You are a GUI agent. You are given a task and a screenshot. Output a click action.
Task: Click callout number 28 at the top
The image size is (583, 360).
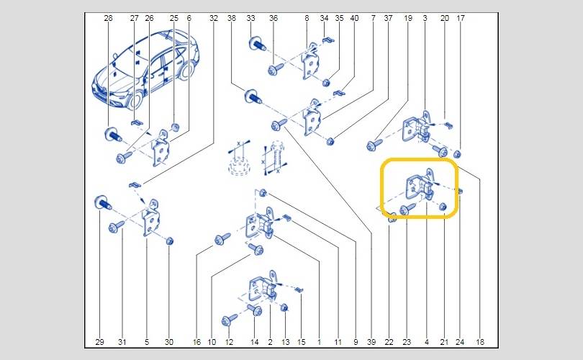click(x=108, y=18)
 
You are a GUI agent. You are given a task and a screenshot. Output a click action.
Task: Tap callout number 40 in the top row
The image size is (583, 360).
click(x=354, y=18)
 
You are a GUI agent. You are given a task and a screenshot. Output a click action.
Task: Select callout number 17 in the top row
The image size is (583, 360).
click(x=461, y=18)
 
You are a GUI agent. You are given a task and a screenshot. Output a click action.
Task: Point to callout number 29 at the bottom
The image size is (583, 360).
click(x=99, y=342)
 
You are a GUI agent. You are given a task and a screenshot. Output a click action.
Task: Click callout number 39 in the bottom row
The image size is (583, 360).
click(x=371, y=342)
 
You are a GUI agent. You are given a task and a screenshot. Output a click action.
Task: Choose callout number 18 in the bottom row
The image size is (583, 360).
click(x=480, y=342)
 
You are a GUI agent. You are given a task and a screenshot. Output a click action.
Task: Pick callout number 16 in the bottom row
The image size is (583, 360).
click(x=196, y=342)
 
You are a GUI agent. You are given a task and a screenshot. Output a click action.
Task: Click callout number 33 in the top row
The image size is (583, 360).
click(x=251, y=18)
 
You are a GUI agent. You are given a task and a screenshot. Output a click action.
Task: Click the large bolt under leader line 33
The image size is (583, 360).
click(x=256, y=44)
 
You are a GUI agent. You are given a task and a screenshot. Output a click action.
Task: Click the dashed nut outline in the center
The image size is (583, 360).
click(x=238, y=166)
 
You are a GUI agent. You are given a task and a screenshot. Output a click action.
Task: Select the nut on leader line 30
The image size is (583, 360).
click(x=170, y=241)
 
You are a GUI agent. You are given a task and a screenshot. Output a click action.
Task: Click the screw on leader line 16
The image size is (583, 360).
click(x=222, y=239)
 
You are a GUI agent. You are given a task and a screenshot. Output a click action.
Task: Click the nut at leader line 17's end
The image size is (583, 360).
click(x=458, y=153)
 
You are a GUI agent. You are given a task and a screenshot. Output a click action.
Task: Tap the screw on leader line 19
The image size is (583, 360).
click(x=374, y=145)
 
